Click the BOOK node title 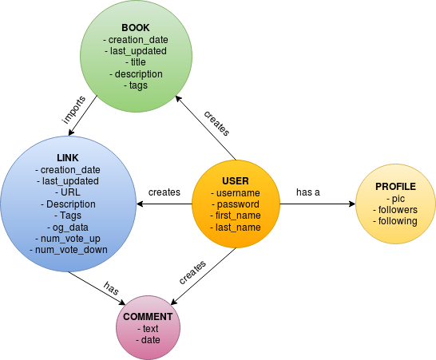click(136, 28)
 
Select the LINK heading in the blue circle click(68, 158)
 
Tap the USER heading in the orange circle click(236, 181)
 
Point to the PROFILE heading click(395, 187)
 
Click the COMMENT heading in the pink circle click(148, 317)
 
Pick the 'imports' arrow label click(73, 110)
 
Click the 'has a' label click(308, 192)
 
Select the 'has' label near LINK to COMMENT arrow click(111, 288)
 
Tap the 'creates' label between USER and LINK click(164, 192)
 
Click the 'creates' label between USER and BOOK click(216, 124)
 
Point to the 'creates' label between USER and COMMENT click(192, 272)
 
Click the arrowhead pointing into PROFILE click(352, 204)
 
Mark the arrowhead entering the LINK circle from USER click(140, 204)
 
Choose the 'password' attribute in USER click(236, 204)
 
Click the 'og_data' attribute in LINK click(68, 227)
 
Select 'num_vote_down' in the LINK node click(69, 250)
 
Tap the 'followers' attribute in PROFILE click(395, 210)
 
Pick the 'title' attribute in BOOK click(136, 62)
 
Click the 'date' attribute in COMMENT click(148, 340)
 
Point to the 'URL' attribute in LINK click(68, 192)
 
